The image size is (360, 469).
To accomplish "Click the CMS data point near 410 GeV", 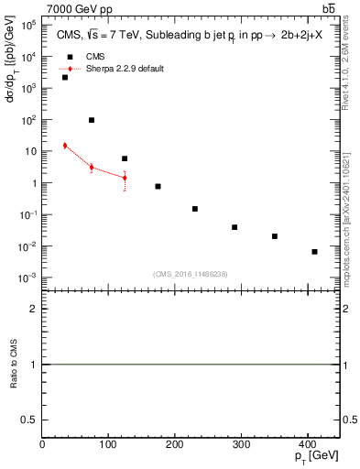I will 314,251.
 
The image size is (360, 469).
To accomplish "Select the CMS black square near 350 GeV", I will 274,236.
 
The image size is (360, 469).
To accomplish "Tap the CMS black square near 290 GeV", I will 235,227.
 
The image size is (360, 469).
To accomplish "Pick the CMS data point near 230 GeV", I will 194,209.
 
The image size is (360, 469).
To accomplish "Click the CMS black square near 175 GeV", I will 158,186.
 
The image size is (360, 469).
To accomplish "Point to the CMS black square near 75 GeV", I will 92,120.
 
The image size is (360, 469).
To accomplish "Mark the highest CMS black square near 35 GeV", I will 65,77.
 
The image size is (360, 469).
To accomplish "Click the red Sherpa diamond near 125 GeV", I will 125,178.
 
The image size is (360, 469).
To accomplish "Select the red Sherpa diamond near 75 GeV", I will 92,168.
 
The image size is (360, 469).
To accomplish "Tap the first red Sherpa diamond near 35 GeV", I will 65,146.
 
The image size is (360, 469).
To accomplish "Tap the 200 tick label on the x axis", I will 174,444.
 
